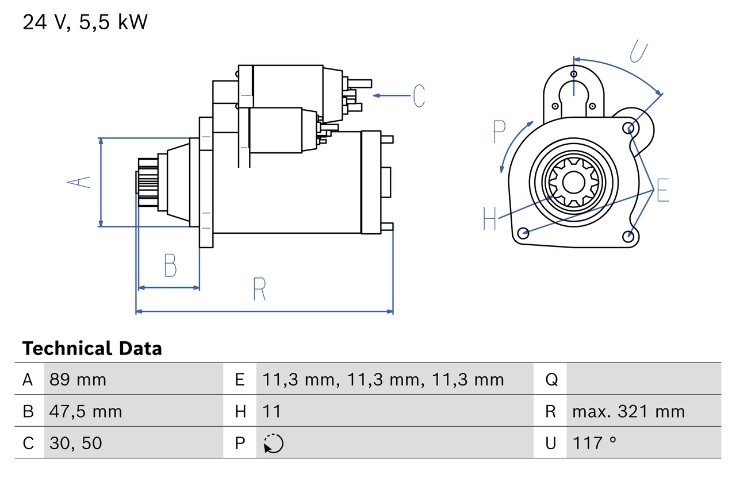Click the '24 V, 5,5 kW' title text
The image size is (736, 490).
(x=85, y=22)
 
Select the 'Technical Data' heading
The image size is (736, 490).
(x=92, y=349)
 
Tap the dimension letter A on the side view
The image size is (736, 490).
(x=79, y=182)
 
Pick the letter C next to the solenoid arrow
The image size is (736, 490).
(x=419, y=95)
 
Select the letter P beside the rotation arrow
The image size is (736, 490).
(x=499, y=132)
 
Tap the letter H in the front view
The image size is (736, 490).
(x=489, y=219)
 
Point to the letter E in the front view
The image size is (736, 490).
(x=662, y=191)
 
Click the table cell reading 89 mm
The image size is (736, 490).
(x=78, y=380)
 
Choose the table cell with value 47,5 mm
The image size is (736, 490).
(x=86, y=411)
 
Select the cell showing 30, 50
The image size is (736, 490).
(x=76, y=443)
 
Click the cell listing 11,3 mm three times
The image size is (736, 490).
(x=383, y=380)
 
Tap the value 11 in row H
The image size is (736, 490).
(x=272, y=411)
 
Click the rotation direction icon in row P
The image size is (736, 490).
(x=273, y=443)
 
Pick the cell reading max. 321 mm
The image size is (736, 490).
(x=628, y=411)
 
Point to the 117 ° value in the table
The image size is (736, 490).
(x=595, y=443)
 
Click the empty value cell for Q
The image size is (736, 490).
(x=643, y=380)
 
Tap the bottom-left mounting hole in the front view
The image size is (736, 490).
(x=523, y=233)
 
